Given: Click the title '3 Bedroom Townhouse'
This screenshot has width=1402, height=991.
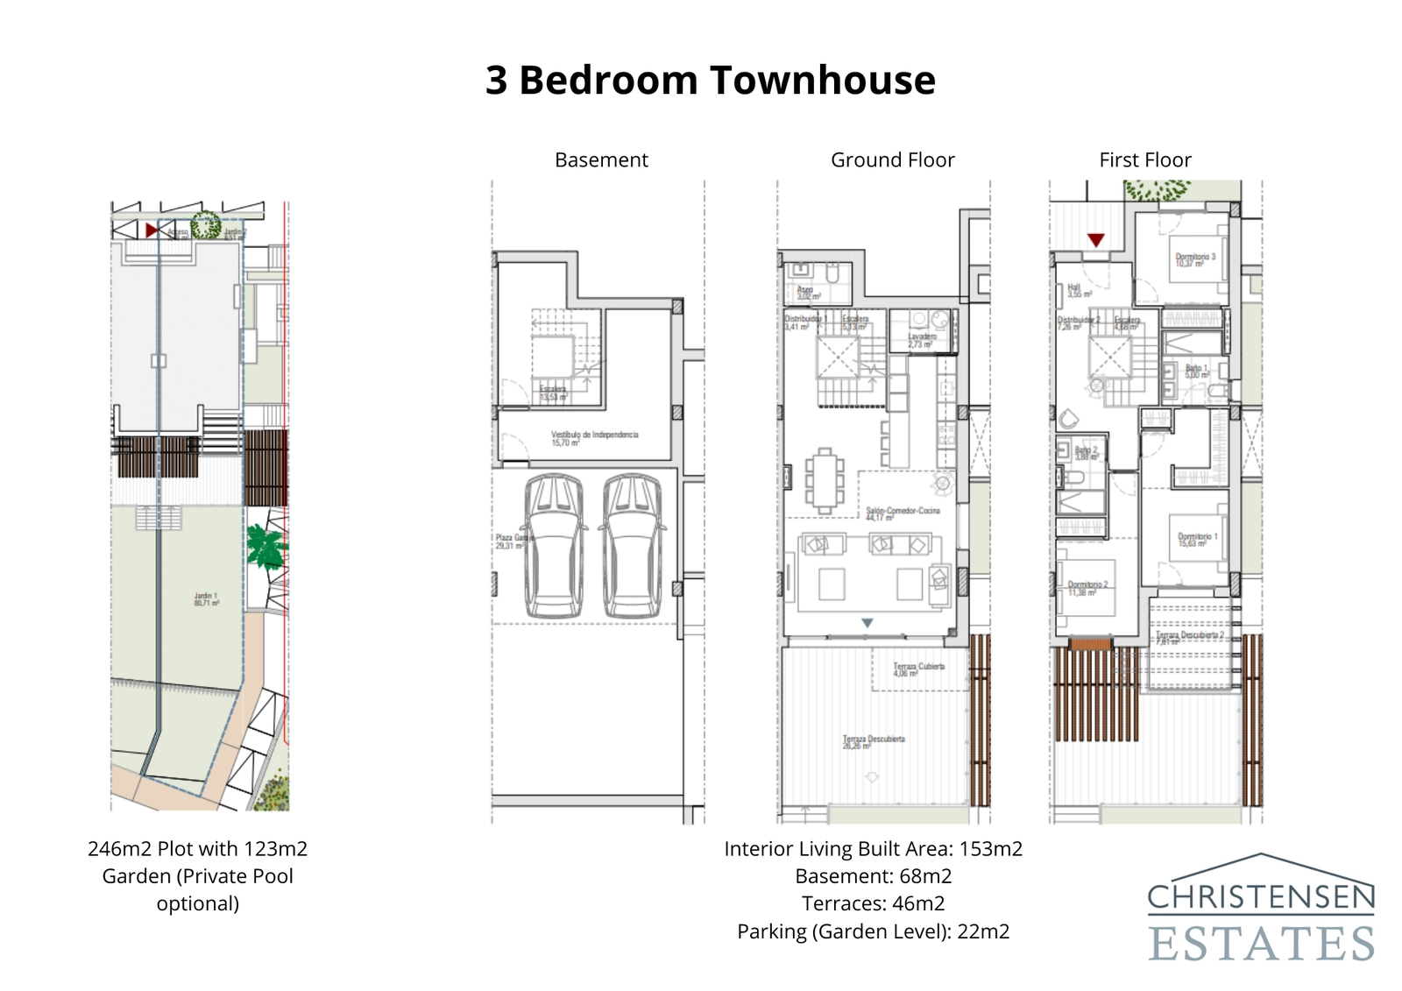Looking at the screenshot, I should pyautogui.click(x=710, y=80).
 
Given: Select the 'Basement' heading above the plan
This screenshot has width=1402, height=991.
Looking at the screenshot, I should pyautogui.click(x=601, y=160).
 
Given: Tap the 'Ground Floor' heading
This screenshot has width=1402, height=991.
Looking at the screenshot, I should pyautogui.click(x=892, y=160).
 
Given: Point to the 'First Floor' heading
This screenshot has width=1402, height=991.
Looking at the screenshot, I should pyautogui.click(x=1144, y=160).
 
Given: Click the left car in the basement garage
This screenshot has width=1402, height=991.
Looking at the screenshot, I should pyautogui.click(x=554, y=546).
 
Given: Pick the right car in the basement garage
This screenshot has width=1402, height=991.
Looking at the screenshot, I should pyautogui.click(x=632, y=546).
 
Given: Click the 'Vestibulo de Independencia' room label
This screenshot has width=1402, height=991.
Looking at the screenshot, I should pyautogui.click(x=594, y=437).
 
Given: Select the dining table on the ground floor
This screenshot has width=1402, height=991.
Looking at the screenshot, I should pyautogui.click(x=824, y=480).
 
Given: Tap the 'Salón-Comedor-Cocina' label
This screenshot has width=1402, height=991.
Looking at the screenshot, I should pyautogui.click(x=903, y=513).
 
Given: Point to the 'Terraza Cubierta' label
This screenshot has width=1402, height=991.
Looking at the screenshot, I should pyautogui.click(x=917, y=669).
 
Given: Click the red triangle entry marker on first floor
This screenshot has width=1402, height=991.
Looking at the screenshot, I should pyautogui.click(x=1095, y=239).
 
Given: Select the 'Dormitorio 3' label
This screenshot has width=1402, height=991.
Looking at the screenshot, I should pyautogui.click(x=1194, y=259).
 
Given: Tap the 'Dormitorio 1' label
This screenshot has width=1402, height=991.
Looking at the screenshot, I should pyautogui.click(x=1197, y=539).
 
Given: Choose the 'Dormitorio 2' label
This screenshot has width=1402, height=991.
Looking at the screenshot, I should pyautogui.click(x=1087, y=587).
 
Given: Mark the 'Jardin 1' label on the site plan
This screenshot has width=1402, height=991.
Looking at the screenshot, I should pyautogui.click(x=206, y=598).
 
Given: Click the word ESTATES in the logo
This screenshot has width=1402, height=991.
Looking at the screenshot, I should pyautogui.click(x=1260, y=944).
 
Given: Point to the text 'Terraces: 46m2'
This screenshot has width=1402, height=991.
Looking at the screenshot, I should pyautogui.click(x=873, y=903).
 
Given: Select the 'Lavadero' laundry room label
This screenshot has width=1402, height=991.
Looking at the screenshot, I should pyautogui.click(x=922, y=339).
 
